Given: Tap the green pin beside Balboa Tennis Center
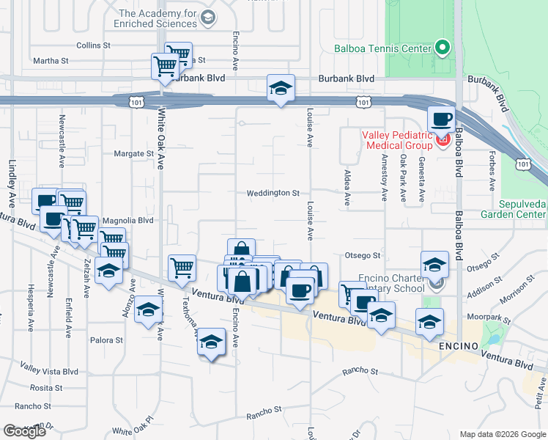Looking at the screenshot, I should pyautogui.click(x=442, y=49).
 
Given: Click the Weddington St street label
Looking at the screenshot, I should pyautogui.click(x=273, y=194).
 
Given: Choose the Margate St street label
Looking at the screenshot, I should pyautogui.click(x=133, y=154).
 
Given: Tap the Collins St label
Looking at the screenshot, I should pyautogui.click(x=92, y=45).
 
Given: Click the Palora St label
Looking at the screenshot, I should pyautogui.click(x=107, y=340).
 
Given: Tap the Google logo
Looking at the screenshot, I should pyautogui.click(x=24, y=431).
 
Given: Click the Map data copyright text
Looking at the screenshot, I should pyautogui.click(x=502, y=434).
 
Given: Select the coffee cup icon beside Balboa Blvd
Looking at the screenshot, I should pyautogui.click(x=442, y=119).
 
